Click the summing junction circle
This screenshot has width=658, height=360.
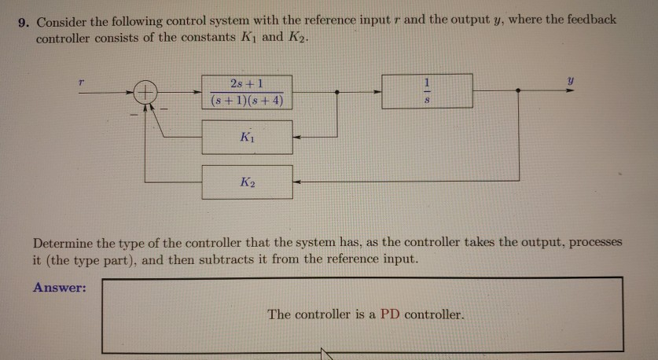tap(145, 93)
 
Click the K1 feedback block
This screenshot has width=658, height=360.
tap(247, 137)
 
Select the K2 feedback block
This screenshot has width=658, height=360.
tap(247, 182)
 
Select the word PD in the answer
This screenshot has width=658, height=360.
tap(390, 314)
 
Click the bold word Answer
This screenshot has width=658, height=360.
tap(59, 287)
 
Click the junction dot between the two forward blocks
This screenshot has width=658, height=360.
tap(337, 92)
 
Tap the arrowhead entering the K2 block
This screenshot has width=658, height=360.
tap(297, 182)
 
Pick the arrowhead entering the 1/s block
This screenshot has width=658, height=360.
tap(377, 92)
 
